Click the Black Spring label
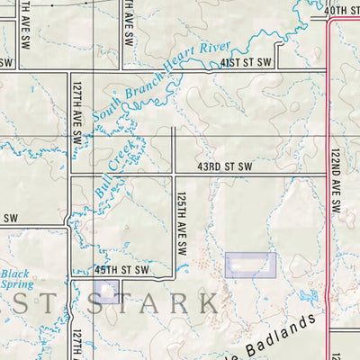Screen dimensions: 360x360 point(14,279)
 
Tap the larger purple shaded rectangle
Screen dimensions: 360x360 point(250,264)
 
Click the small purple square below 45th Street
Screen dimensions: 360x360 point(105,291)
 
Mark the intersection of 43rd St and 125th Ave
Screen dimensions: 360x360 point(174,174)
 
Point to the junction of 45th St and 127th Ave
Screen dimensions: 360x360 point(71,276)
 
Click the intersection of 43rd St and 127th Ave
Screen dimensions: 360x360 point(71,174)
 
